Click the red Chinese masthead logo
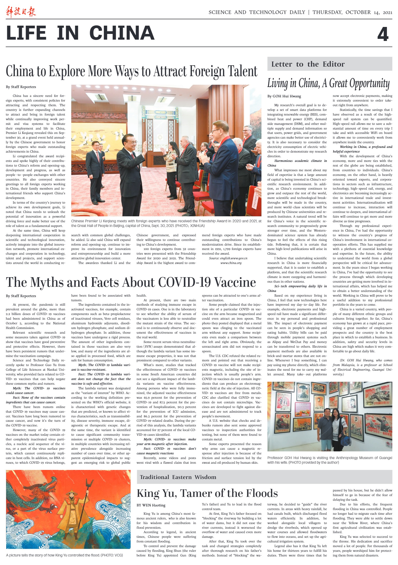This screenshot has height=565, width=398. tap(21, 12)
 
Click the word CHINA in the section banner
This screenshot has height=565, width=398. tap(122, 33)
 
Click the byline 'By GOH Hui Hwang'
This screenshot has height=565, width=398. tap(284, 96)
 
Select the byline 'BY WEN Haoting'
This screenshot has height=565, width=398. tap(151, 505)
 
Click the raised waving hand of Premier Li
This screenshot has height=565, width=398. tap(144, 145)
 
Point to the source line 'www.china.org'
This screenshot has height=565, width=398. tap(231, 263)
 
